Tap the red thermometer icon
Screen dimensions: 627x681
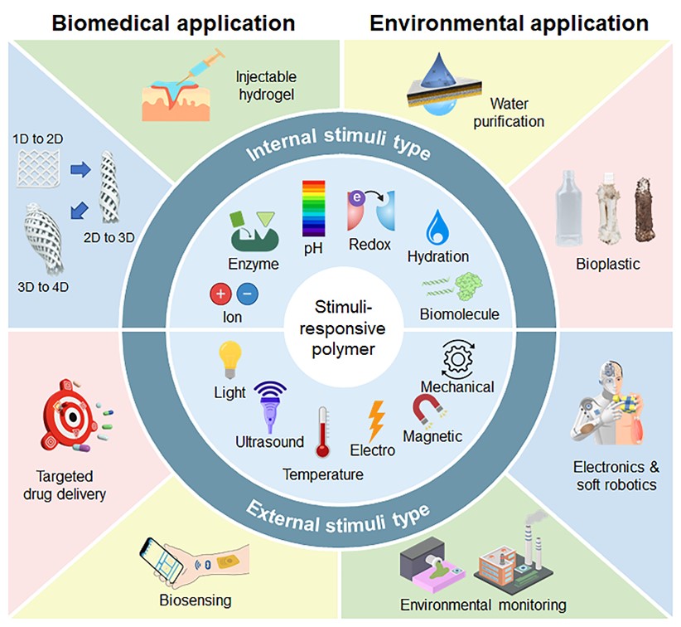pos(322,432)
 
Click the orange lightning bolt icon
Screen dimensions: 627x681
pos(375,420)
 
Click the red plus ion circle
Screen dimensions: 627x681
pos(220,294)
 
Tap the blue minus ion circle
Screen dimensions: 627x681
pos(247,294)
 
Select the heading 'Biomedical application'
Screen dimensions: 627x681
pos(173,22)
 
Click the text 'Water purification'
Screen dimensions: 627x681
pos(516,113)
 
